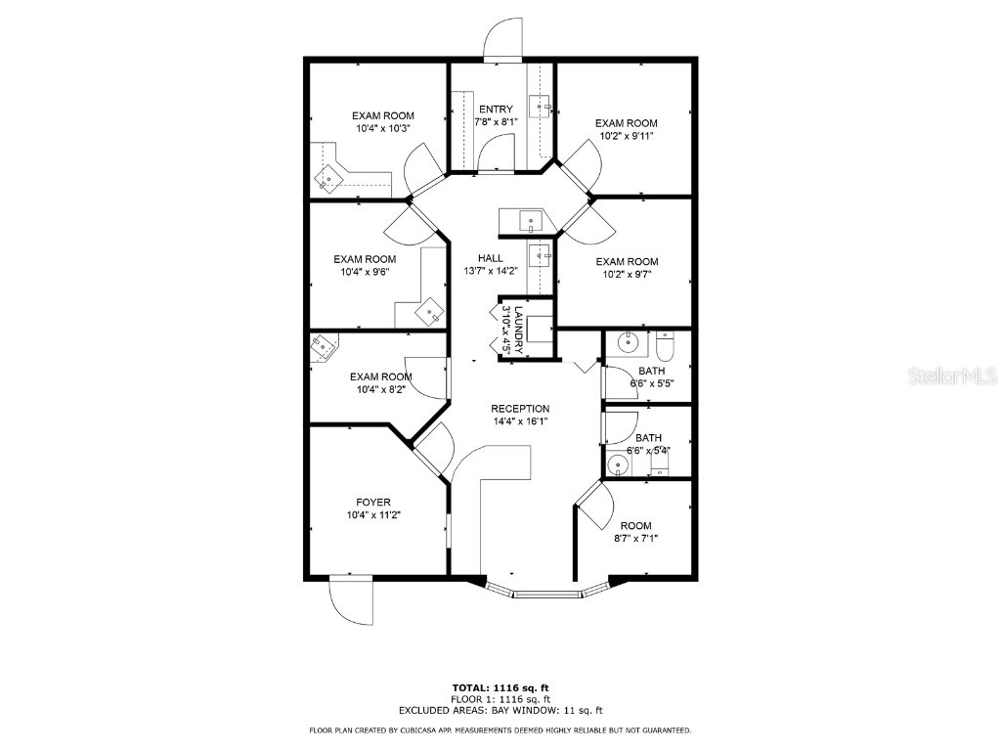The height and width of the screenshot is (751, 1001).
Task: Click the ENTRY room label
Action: click(x=496, y=109)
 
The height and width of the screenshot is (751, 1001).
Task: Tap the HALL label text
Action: click(x=491, y=258)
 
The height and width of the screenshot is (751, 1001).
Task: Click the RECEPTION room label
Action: click(x=520, y=409)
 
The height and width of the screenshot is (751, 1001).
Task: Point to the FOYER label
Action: click(x=374, y=502)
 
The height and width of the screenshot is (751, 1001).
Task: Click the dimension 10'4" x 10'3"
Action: click(x=383, y=128)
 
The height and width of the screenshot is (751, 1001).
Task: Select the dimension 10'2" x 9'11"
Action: click(x=627, y=136)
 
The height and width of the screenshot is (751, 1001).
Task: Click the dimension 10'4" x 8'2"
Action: click(x=381, y=389)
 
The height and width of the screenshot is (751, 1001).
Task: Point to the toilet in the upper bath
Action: click(x=666, y=347)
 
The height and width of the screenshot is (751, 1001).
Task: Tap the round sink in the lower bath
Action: click(x=618, y=464)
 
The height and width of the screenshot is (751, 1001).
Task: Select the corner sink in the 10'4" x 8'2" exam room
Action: click(x=322, y=346)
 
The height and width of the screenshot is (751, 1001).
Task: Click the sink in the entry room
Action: click(x=541, y=105)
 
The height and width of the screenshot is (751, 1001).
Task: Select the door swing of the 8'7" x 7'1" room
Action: click(x=595, y=501)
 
